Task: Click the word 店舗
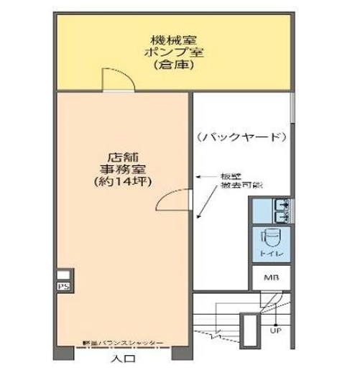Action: [x=120, y=157]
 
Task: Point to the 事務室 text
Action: [x=120, y=170]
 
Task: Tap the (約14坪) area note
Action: [x=120, y=183]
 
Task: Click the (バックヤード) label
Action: [x=242, y=137]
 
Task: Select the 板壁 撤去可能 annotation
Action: [x=229, y=180]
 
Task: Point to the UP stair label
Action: [x=275, y=331]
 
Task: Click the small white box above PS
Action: [x=63, y=274]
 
